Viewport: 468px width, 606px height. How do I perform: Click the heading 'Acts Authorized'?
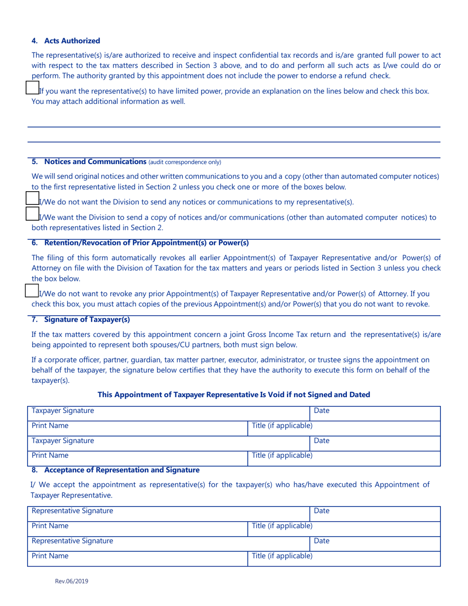tap(72, 41)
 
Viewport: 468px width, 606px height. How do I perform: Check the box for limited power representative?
tap(32, 88)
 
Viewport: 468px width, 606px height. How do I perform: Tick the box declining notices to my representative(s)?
tap(32, 199)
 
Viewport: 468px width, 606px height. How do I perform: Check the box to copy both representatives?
tap(32, 214)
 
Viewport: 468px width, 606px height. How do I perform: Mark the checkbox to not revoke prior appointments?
tap(32, 291)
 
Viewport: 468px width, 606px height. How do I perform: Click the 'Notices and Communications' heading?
tap(95, 162)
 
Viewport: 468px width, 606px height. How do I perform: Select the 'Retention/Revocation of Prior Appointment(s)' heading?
tap(146, 243)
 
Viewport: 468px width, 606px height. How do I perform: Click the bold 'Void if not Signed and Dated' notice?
tap(234, 395)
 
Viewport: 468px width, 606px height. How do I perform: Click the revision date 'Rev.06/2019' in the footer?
tap(72, 581)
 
